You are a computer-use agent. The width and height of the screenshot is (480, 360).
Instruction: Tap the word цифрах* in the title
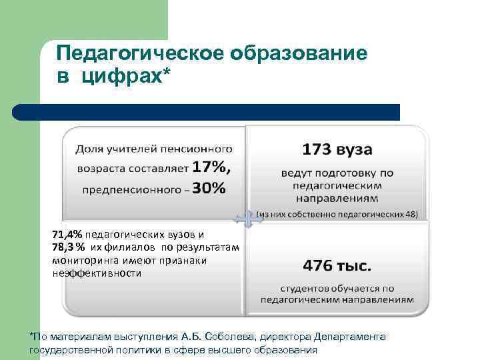pos(126,78)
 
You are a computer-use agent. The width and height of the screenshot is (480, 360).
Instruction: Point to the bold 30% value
pos(211,189)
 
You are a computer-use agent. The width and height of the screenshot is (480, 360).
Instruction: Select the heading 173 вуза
pos(337,148)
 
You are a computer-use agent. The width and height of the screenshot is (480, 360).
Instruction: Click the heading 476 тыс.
pos(337,265)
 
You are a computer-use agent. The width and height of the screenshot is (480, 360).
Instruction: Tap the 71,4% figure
pos(67,235)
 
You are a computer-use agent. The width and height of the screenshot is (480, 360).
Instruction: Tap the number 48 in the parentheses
pos(411,215)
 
